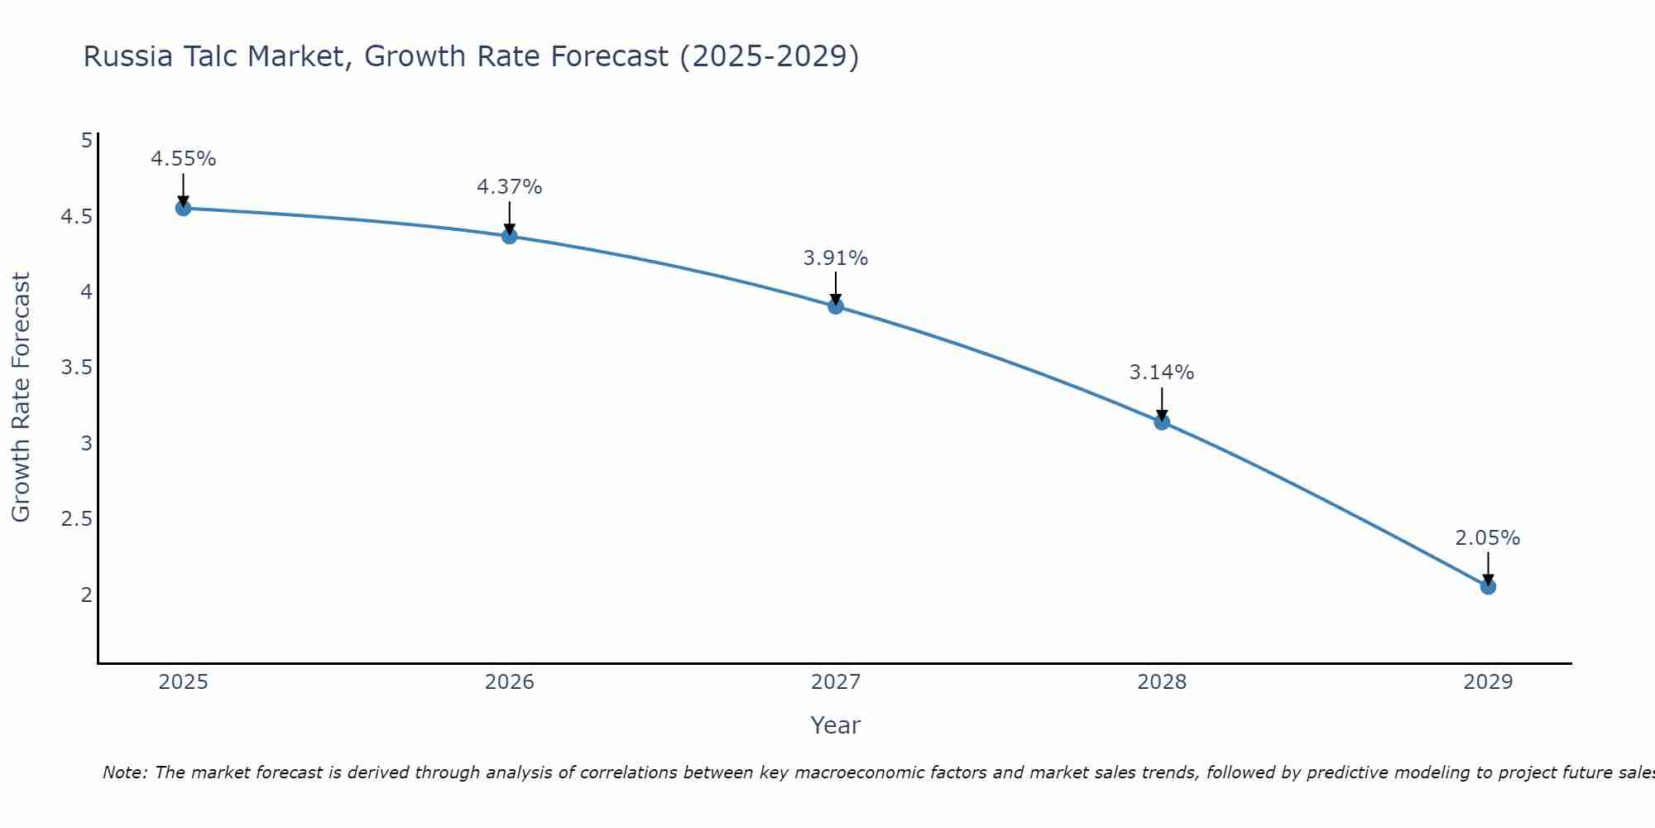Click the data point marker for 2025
pos(184,208)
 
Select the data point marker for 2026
pos(510,236)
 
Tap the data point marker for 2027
pos(836,306)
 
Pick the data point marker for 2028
pos(1162,422)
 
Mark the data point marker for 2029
pos(1488,587)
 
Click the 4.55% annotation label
pos(184,159)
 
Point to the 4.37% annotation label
pos(510,187)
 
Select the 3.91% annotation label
pos(836,258)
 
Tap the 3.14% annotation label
pos(1162,373)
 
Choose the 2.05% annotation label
pos(1488,538)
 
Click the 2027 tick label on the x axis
pos(836,682)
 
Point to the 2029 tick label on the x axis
pos(1488,682)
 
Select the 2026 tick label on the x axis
pos(510,682)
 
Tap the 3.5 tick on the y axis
pos(76,368)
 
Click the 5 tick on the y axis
pos(86,141)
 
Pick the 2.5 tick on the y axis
pos(76,519)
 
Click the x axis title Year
pos(836,725)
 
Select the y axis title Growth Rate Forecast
pos(22,397)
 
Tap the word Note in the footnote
pos(124,773)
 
